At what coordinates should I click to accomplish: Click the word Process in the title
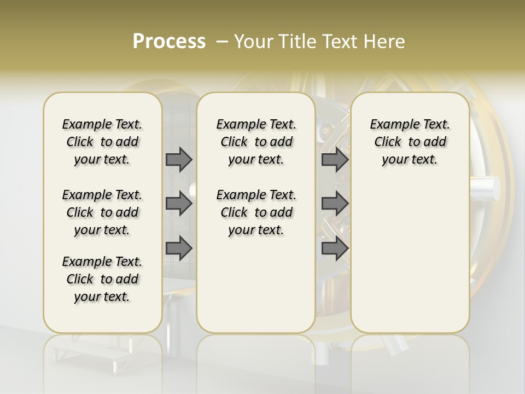(x=169, y=42)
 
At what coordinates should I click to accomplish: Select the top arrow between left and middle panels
(x=179, y=159)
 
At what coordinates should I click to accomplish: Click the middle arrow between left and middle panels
(x=179, y=204)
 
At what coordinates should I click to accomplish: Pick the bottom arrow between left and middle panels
(x=179, y=248)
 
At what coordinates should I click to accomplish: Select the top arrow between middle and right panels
(x=335, y=159)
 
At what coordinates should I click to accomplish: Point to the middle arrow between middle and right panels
(x=335, y=204)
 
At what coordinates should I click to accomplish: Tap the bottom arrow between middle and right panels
(x=335, y=248)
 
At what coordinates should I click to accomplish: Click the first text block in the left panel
(x=102, y=142)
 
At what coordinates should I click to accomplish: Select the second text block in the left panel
(x=102, y=212)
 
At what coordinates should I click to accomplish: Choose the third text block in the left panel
(x=102, y=279)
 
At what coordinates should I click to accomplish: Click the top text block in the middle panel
(x=256, y=142)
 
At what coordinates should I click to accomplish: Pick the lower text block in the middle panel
(x=256, y=212)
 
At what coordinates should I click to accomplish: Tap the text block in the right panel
(x=410, y=142)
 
